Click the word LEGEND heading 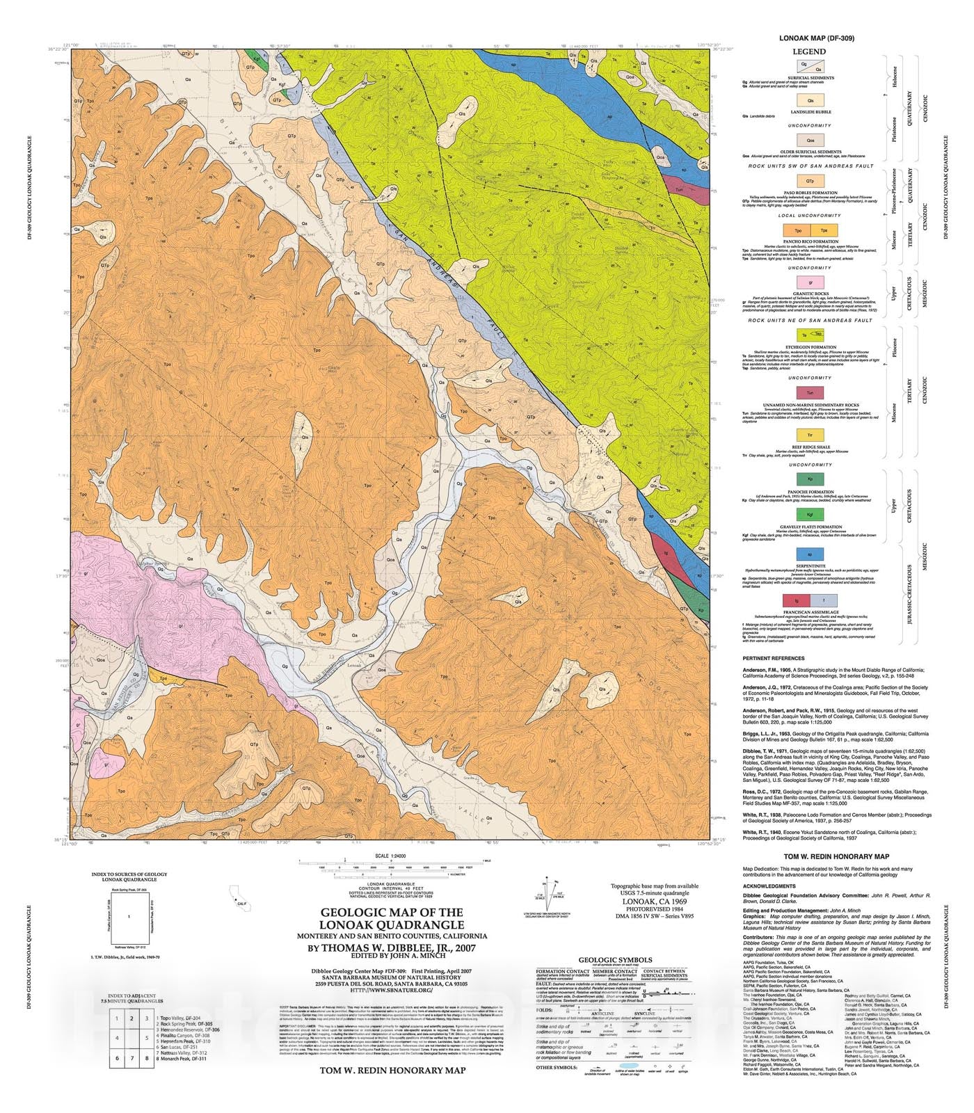(x=810, y=51)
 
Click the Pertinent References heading (x=774, y=658)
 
